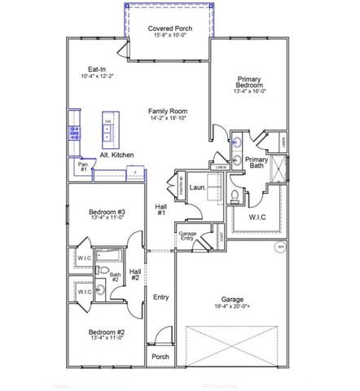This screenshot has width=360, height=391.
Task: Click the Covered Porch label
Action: pos(169,29)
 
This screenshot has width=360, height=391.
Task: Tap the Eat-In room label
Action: pos(97,69)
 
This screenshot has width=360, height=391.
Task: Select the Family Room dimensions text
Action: pos(169,118)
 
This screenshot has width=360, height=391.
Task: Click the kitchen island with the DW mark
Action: pos(108,131)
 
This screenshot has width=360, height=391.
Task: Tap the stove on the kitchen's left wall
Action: pos(74,133)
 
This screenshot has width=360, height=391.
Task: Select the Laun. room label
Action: pos(196,187)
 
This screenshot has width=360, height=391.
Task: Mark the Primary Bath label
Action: pos(257,163)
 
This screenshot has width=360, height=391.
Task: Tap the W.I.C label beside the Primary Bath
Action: pos(259,217)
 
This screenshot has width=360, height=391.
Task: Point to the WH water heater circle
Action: pos(279,246)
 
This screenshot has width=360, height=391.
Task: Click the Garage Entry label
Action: pos(187,237)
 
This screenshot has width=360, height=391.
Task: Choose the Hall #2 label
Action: pos(135,275)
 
